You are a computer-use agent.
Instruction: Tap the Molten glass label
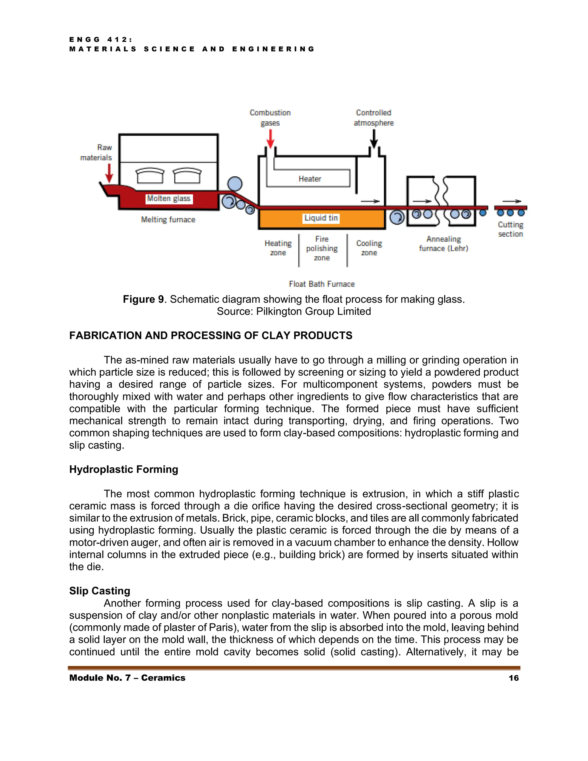click(x=169, y=199)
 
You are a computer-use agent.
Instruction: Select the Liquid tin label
click(x=321, y=218)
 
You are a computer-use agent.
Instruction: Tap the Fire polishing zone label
click(x=322, y=248)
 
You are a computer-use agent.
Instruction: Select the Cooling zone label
click(x=369, y=248)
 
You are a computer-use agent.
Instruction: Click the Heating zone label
click(x=278, y=248)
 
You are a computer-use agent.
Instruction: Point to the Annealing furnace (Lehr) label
click(x=443, y=244)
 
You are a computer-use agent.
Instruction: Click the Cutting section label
click(x=510, y=229)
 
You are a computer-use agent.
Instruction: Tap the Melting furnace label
click(x=168, y=219)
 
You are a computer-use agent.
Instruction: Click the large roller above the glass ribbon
click(x=235, y=184)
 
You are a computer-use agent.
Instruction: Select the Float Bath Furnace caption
click(x=322, y=284)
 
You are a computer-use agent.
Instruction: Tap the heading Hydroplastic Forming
click(x=124, y=469)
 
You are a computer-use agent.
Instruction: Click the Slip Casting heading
click(x=100, y=591)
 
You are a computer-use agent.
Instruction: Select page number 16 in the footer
click(x=513, y=678)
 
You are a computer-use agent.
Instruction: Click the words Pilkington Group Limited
click(x=314, y=311)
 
